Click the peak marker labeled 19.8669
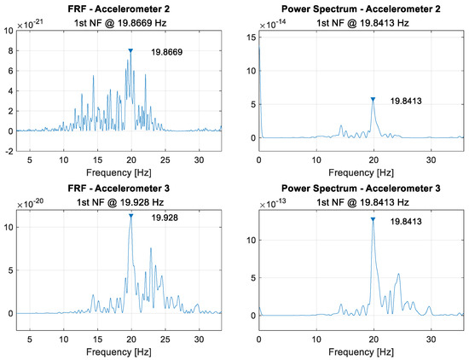[130, 51]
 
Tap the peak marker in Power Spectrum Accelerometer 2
[373, 99]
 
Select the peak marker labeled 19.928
[130, 216]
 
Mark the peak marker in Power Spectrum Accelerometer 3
[373, 219]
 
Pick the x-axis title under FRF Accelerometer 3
[119, 350]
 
